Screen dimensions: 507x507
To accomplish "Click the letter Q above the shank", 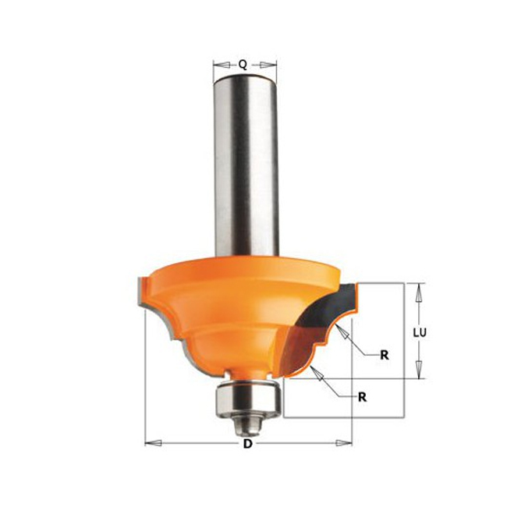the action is (x=243, y=65).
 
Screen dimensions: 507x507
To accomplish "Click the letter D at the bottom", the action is (x=247, y=444).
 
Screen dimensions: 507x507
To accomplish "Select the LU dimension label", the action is (x=420, y=332).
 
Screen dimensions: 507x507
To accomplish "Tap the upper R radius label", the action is (x=385, y=355).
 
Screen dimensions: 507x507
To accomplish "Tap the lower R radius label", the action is (x=362, y=397).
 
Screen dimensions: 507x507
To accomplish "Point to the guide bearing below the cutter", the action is (x=246, y=398).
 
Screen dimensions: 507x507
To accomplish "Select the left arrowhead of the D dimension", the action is (x=153, y=443).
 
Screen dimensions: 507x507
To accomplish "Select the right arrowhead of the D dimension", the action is (x=343, y=443).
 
